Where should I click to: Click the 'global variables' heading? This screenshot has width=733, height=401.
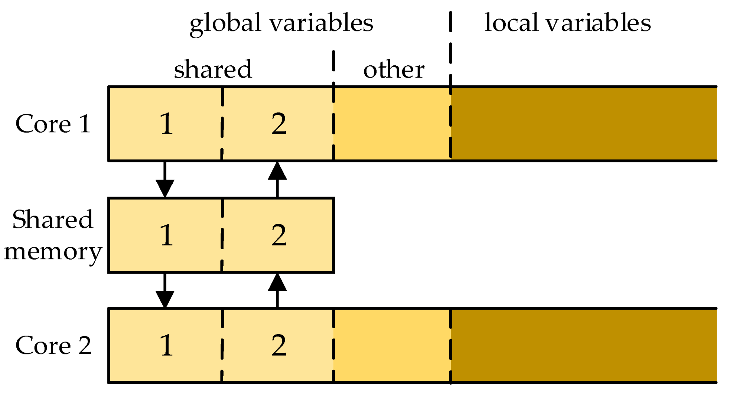click(281, 23)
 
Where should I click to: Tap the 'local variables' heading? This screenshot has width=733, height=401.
click(567, 23)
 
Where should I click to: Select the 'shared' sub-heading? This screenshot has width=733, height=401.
click(213, 69)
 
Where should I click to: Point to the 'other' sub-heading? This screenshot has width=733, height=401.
click(394, 69)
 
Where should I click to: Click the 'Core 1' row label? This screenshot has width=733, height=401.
click(53, 124)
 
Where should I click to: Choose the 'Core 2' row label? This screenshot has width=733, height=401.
click(53, 345)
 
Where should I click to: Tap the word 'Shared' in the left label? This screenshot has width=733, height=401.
click(53, 219)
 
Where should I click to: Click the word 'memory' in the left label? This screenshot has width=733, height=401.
click(53, 252)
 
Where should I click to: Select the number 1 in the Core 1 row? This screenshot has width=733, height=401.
click(166, 124)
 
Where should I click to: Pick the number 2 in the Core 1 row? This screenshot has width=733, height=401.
click(278, 124)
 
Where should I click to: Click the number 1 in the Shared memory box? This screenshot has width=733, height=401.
click(166, 235)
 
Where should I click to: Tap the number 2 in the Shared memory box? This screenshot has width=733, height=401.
click(278, 235)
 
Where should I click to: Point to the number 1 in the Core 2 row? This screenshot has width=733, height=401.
click(166, 345)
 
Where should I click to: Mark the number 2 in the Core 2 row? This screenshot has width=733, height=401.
click(278, 345)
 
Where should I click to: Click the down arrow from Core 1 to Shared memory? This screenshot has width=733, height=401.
click(165, 180)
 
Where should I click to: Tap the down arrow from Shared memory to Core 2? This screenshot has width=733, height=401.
click(165, 291)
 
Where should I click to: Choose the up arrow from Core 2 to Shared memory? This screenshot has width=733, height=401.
click(277, 290)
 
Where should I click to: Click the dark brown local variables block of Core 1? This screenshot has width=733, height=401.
click(583, 124)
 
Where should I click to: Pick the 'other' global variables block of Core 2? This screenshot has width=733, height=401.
click(392, 345)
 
